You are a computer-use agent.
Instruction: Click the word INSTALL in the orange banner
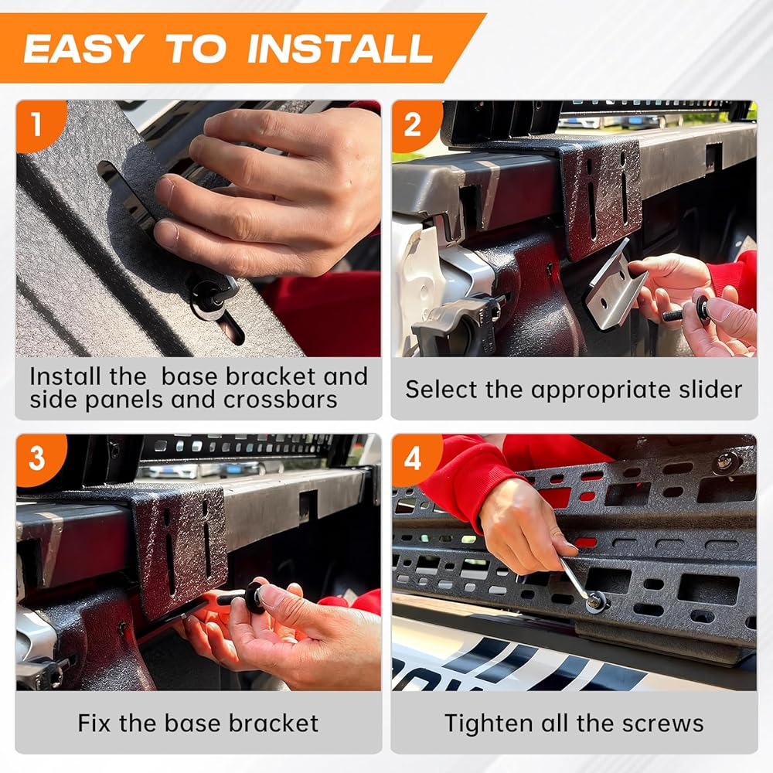339,48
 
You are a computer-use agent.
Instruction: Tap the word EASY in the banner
84,48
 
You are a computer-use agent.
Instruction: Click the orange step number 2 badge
414,124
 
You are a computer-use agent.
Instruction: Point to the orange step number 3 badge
39,458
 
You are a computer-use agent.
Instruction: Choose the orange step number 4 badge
414,458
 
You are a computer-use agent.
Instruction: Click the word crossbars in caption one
281,400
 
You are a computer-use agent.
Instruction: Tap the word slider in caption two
710,390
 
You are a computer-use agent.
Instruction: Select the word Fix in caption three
94,724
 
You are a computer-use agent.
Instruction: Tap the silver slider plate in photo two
616,285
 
